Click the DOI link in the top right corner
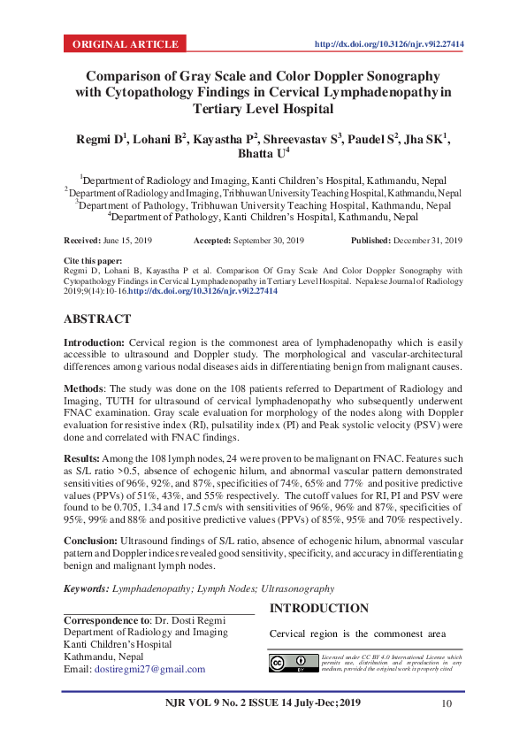coord(390,43)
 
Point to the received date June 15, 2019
coord(128,241)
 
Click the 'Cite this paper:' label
coord(94,263)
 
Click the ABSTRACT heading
coord(97,319)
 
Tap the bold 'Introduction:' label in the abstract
coord(94,342)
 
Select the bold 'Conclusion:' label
coord(92,541)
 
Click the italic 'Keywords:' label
coord(87,588)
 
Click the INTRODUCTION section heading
coord(318,609)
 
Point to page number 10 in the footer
coord(446,703)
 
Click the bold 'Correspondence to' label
coord(106,620)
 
